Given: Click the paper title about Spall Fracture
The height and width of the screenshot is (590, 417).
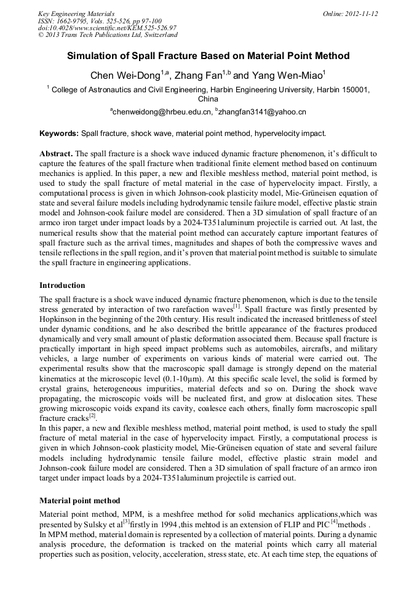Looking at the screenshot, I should pos(208,56).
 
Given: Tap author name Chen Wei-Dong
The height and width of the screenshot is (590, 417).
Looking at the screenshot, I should pos(125,76).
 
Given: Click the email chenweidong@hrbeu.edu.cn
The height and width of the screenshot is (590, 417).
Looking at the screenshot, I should pos(162,112).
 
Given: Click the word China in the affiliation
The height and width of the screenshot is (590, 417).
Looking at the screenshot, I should pos(208,98).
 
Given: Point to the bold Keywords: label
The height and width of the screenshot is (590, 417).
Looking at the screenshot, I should pos(59,133).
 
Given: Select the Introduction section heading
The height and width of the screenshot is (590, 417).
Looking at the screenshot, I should pos(62,285).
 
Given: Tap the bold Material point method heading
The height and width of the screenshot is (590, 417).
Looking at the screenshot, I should pos(79,501).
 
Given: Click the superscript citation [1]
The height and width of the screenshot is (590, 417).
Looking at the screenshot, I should pos(237,306).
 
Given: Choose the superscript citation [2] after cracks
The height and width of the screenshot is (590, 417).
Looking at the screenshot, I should pos(92,415).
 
